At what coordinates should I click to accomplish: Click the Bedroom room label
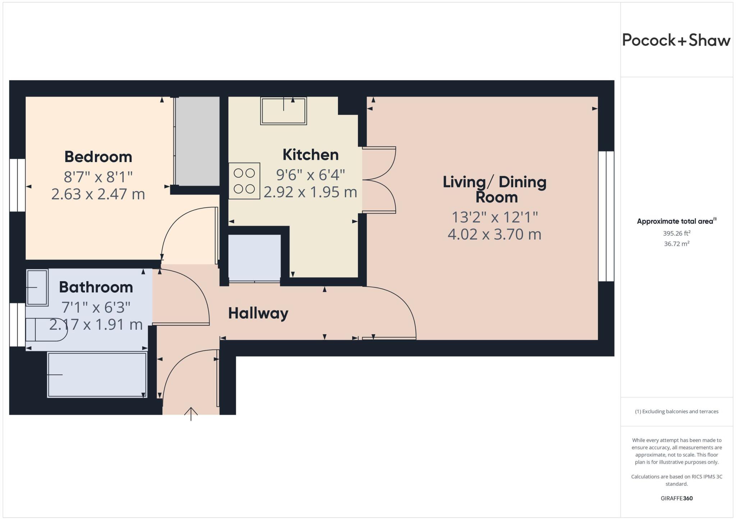98,157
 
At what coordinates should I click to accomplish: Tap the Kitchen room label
310,155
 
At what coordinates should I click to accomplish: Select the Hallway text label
258,313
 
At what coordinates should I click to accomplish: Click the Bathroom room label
96,287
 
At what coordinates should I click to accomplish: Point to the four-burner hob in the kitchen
244,181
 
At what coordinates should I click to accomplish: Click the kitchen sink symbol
284,111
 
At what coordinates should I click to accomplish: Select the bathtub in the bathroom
97,375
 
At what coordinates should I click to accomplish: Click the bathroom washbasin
37,287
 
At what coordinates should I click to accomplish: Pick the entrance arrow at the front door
191,413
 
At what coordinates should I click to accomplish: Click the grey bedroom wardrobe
197,141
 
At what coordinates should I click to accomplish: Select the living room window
606,216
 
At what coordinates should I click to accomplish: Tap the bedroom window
17,185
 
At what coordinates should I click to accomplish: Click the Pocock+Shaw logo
676,40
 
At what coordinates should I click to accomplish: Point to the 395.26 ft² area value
676,233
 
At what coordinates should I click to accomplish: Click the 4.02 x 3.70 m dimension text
494,234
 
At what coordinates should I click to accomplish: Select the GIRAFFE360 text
676,498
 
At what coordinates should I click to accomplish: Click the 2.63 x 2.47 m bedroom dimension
98,194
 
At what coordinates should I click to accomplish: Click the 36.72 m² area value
676,244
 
